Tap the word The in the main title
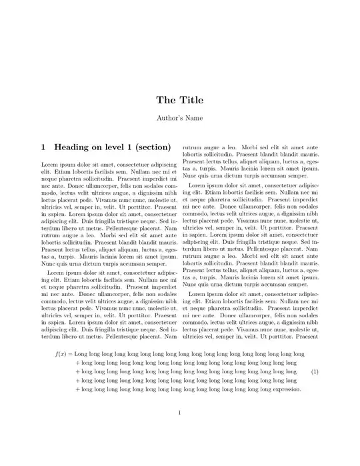(166, 101)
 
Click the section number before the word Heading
(44, 146)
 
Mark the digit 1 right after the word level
(132, 146)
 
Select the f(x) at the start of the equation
(61, 354)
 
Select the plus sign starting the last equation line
(79, 389)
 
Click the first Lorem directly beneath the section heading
(50, 164)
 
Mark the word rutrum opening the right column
(193, 147)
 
